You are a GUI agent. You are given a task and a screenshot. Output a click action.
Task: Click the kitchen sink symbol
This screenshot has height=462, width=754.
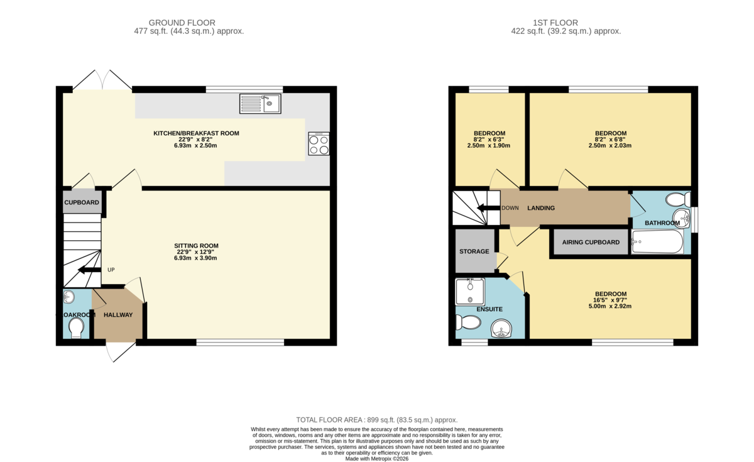[x=260, y=104]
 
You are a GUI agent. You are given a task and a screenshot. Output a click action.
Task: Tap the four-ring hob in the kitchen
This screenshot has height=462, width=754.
[x=319, y=144]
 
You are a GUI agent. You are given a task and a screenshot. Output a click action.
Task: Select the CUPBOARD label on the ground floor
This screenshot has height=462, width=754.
[x=82, y=202]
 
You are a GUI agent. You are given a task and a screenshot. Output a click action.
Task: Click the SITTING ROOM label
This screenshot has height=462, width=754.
[x=197, y=246]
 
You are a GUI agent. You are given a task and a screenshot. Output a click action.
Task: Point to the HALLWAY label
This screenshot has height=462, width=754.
[x=118, y=315]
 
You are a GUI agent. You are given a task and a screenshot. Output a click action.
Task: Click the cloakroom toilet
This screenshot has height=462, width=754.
[x=76, y=327]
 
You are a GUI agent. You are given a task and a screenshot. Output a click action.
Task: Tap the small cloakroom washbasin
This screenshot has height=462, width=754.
[x=68, y=297]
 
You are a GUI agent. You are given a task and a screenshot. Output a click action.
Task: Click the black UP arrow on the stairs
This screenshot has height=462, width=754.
[x=90, y=270]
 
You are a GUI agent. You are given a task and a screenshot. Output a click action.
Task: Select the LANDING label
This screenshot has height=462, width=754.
[x=541, y=208]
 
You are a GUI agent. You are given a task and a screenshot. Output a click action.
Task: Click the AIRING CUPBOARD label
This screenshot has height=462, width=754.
[x=591, y=242]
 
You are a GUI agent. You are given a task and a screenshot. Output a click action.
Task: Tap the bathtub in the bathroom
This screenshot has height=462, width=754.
[x=657, y=242]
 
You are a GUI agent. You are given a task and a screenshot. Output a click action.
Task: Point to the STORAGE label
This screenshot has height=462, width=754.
[x=474, y=251]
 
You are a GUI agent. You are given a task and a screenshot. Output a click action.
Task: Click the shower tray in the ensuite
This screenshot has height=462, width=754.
[x=470, y=291]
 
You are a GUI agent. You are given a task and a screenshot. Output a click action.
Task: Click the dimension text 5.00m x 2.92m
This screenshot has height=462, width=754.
[x=611, y=307]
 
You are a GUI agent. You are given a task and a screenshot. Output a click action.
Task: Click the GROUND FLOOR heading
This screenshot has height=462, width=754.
[x=188, y=23]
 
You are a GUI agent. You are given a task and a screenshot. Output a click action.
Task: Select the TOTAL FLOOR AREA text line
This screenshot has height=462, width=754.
[x=377, y=420]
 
